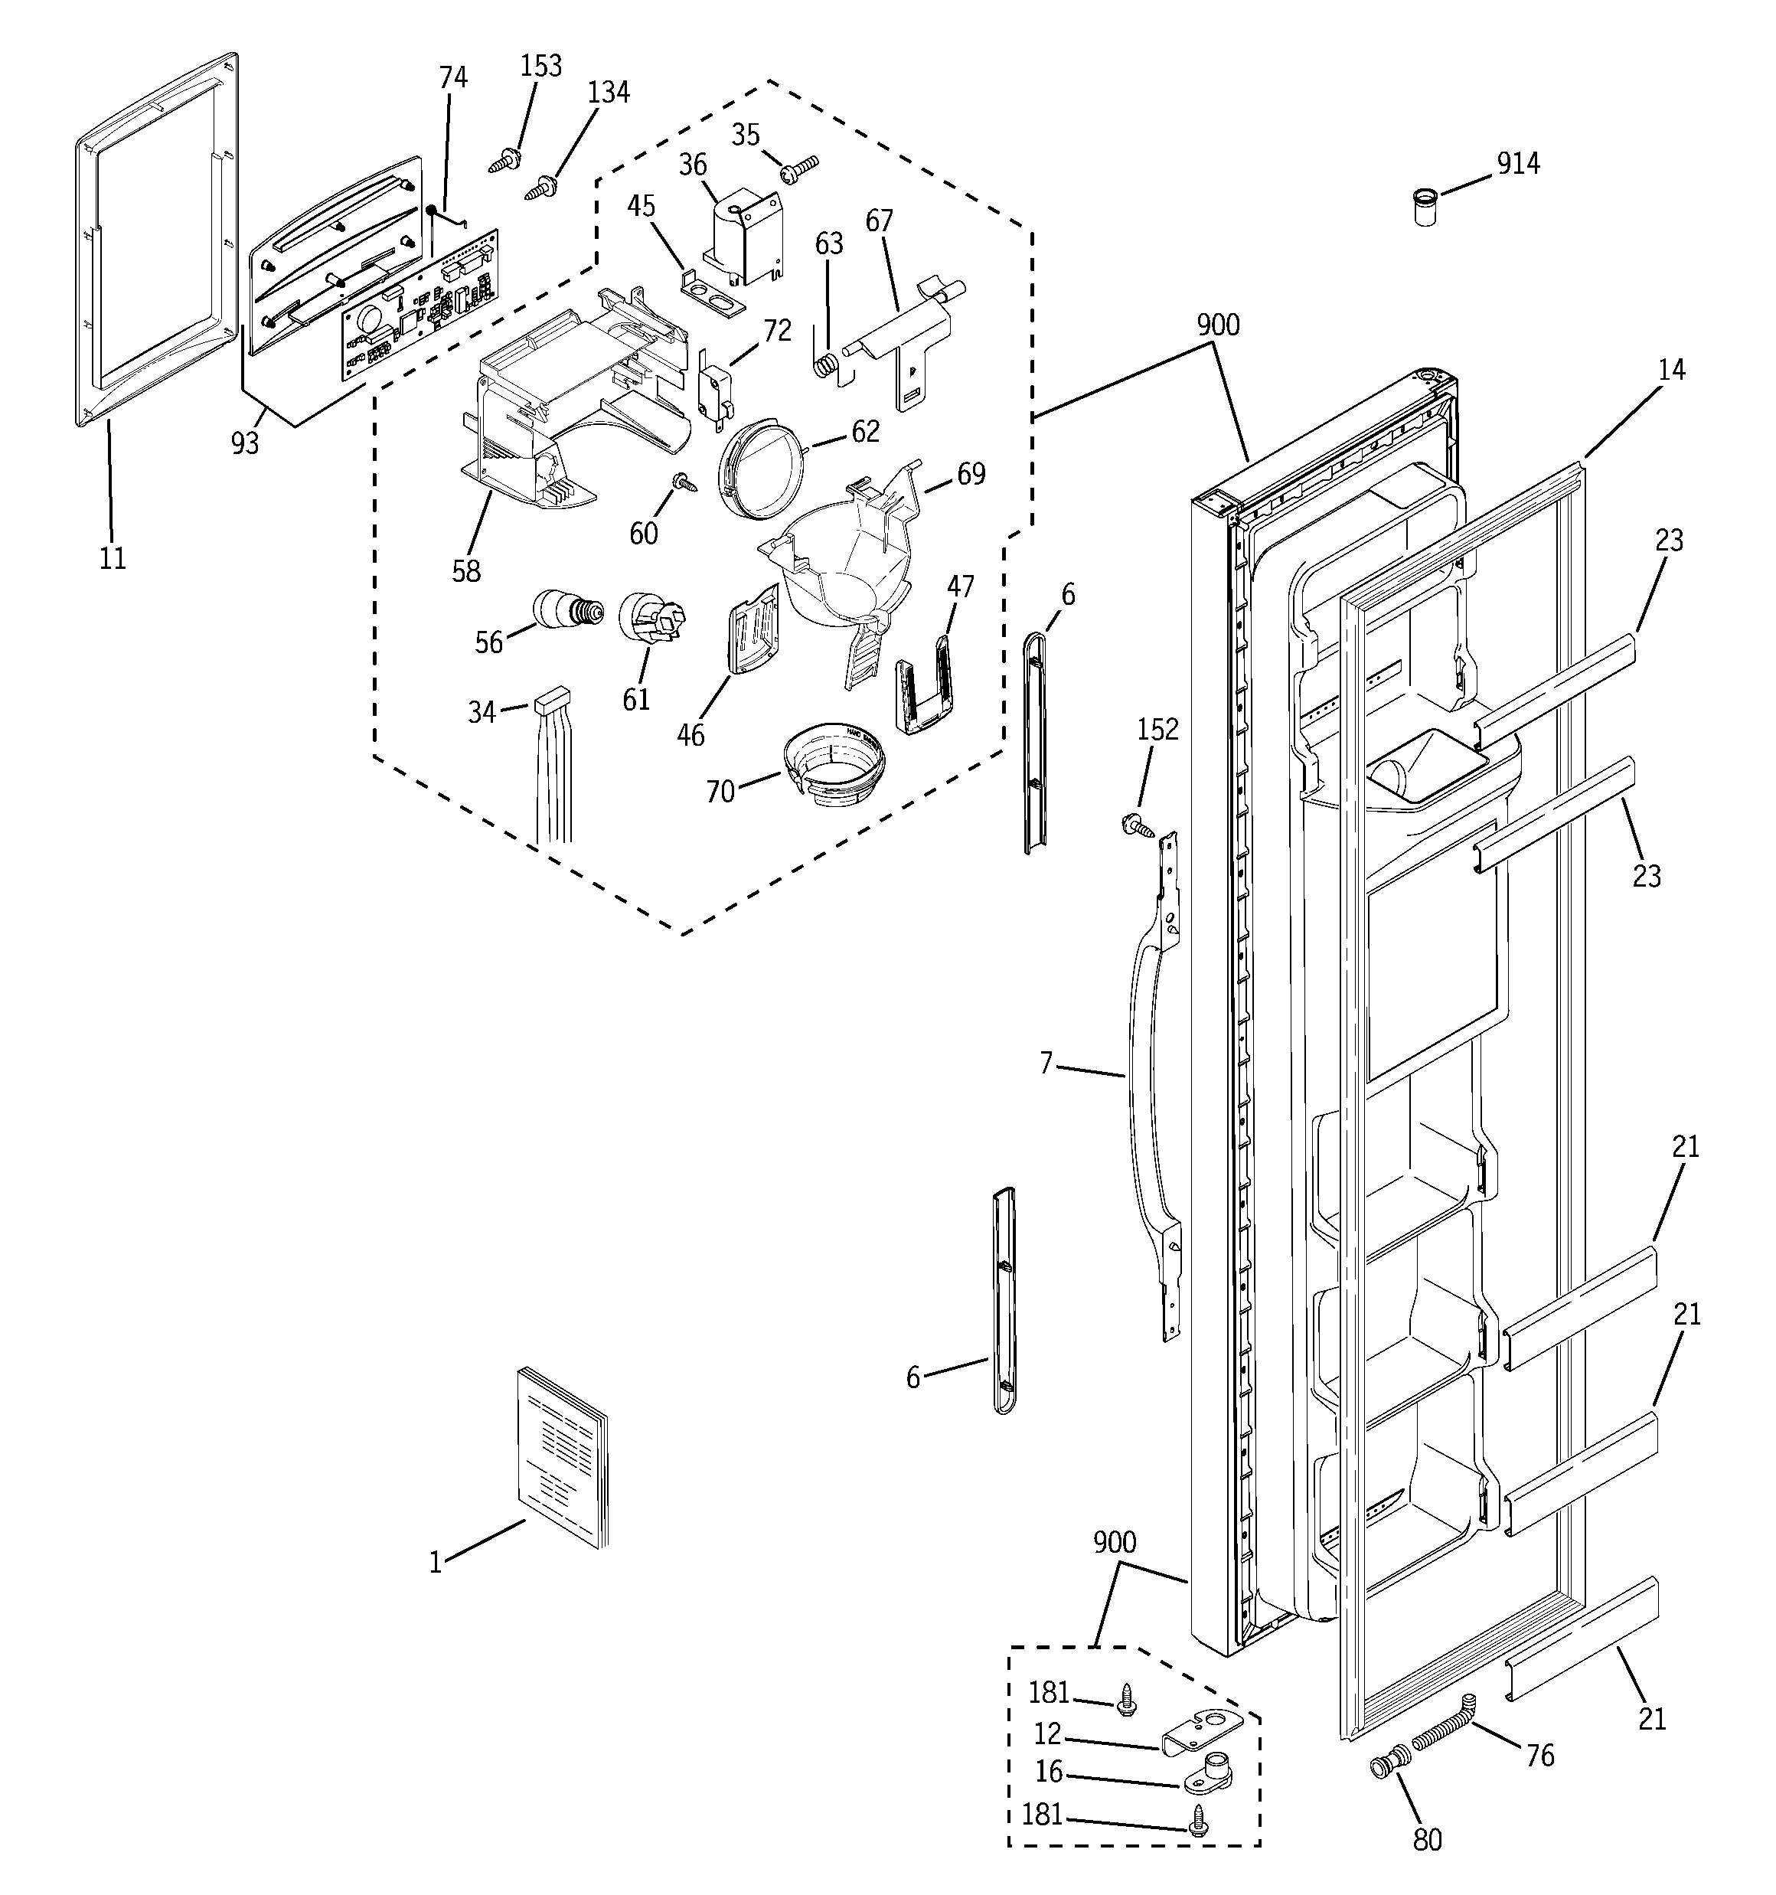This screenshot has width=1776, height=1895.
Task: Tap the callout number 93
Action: click(245, 443)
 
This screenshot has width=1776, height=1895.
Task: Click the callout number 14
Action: click(1670, 369)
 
